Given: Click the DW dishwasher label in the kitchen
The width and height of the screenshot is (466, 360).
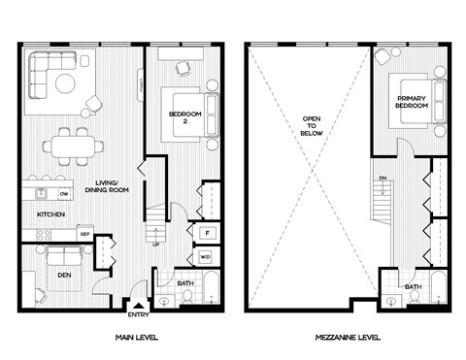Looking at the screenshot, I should pos(50,193).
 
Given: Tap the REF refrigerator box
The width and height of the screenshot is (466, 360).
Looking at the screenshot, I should pos(85,234).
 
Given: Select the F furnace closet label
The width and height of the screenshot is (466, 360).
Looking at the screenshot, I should pos(207,233).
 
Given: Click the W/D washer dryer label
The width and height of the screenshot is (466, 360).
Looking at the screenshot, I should pos(206,257).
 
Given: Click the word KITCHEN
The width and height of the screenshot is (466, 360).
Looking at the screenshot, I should pos(50,213).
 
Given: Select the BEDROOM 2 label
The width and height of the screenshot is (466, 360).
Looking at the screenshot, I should pos(184,117).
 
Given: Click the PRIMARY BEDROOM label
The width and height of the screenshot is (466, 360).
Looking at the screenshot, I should pos(413,105).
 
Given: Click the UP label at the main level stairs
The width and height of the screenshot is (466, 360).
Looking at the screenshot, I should pos(154,244).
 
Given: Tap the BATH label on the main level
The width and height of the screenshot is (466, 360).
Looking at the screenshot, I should pos(187,284).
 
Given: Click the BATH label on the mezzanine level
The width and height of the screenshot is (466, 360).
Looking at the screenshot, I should pos(413,287).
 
